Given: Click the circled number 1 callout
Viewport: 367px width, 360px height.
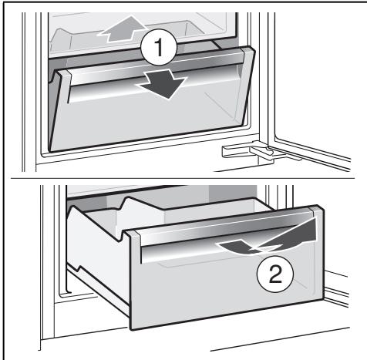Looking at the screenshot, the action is coord(159,47).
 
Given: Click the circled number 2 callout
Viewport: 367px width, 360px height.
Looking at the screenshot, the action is coord(275,274).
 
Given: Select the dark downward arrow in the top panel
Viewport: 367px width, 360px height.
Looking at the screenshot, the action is coord(163,84).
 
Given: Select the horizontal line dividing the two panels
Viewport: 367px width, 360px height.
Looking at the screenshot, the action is coord(183,178).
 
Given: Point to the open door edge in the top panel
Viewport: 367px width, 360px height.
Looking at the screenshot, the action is coord(271,77).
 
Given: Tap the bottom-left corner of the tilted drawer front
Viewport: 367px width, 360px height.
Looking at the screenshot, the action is coord(50,151).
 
